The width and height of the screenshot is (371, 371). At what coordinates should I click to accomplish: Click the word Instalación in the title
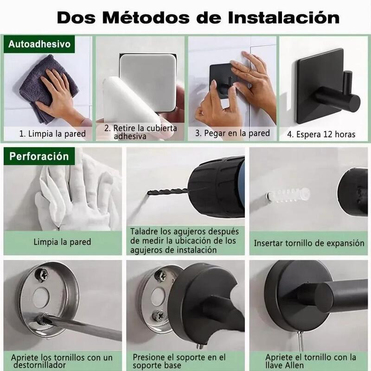click(283, 18)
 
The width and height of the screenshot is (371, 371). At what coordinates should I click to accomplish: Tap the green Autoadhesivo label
click(39, 44)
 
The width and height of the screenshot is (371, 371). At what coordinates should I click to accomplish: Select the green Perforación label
click(39, 156)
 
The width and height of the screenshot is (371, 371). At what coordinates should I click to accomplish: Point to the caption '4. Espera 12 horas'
click(321, 134)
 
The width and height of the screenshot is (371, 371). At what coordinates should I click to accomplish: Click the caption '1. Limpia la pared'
click(52, 134)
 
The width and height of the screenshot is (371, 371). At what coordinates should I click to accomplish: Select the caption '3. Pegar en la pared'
click(232, 133)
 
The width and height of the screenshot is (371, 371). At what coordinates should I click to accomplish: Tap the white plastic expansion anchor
click(288, 194)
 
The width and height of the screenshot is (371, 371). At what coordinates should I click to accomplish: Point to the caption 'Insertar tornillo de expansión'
click(309, 243)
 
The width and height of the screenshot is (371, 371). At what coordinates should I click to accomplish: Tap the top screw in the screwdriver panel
click(42, 275)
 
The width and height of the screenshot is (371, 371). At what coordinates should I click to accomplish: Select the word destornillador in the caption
click(39, 365)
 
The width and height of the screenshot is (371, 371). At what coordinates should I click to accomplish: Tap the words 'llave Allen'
click(284, 365)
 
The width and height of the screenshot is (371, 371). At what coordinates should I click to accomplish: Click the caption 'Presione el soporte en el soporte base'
click(179, 361)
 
